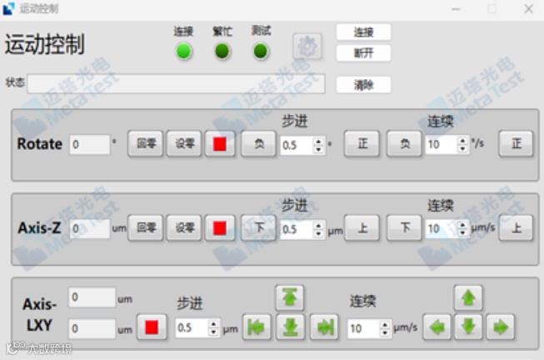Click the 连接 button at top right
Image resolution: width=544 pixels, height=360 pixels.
363,32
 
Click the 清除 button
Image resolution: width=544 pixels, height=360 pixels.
363,85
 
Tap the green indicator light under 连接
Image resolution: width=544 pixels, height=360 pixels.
184,52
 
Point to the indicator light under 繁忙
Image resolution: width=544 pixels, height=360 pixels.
222,52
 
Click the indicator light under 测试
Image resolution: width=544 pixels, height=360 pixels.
261,52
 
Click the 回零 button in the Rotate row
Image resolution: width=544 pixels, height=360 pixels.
147,144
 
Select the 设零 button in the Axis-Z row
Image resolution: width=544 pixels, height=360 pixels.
183,227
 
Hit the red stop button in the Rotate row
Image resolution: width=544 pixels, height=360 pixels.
220,144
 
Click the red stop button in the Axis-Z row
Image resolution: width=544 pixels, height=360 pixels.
220,227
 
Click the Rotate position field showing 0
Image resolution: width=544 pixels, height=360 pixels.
89,144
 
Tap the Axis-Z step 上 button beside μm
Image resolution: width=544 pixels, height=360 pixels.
362,227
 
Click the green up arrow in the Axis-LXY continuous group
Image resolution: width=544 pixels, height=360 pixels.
468,297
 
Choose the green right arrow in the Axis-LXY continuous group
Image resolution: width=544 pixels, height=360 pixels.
500,327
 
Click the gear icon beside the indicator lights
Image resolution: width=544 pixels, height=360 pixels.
307,47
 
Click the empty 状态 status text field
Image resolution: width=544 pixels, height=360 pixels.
175,84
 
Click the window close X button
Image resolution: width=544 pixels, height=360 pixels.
528,8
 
